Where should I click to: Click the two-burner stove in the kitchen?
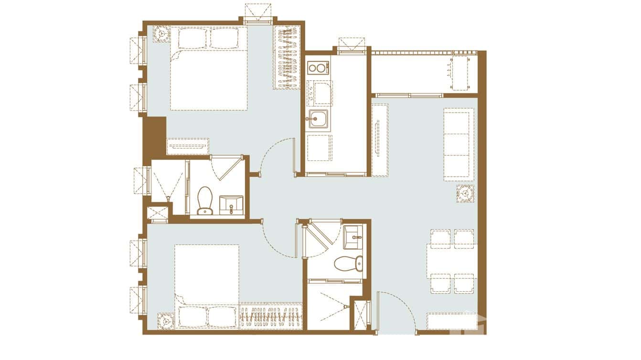tap(318, 68)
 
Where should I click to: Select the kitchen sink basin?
tap(318, 118)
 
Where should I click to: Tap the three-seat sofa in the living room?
tap(459, 144)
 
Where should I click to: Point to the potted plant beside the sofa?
tap(465, 193)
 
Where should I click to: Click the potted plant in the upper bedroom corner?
tap(161, 34)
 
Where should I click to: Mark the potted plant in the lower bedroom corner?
tap(166, 321)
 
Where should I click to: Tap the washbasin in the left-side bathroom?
tap(231, 204)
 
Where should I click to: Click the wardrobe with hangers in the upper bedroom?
tap(287, 57)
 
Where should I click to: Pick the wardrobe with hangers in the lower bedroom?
tap(270, 317)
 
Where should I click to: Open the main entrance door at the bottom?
tap(396, 313)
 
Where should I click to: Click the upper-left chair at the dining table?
tap(440, 239)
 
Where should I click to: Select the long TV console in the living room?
tap(380, 139)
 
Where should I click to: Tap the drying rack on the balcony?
tap(459, 73)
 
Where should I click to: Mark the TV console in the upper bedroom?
tap(188, 146)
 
